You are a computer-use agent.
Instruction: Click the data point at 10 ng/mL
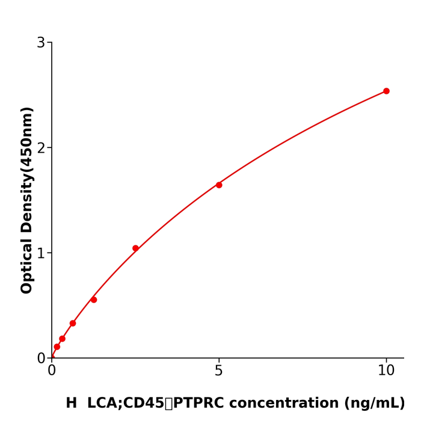point(386,91)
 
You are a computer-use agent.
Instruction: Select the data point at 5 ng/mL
point(219,185)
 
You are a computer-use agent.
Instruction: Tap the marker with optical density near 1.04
point(135,248)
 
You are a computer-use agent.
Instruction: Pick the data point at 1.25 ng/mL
point(94,300)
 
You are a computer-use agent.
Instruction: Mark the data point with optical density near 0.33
point(73,324)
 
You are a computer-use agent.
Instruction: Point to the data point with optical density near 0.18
point(62,339)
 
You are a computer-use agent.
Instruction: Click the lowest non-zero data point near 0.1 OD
point(57,347)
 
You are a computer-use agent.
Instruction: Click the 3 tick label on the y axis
point(41,43)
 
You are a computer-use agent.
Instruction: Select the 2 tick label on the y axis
point(41,148)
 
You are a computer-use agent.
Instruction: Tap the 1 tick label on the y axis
point(41,253)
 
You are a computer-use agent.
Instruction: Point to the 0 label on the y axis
point(41,358)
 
